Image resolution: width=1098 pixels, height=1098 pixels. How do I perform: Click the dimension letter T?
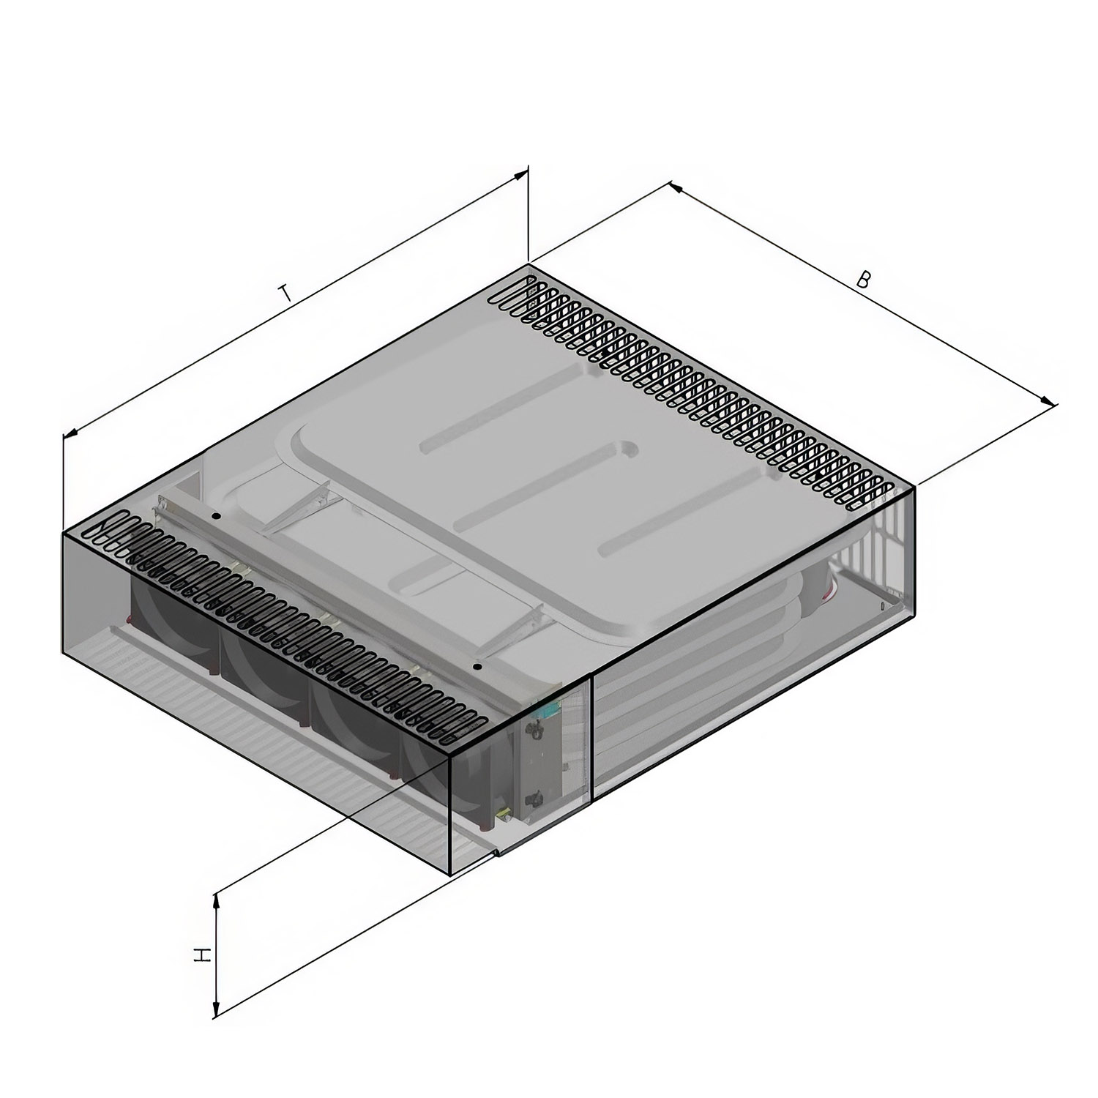coord(286,294)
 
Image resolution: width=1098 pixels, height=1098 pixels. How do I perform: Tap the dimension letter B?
coord(864,279)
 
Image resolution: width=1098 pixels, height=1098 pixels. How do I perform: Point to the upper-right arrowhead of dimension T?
coord(521,173)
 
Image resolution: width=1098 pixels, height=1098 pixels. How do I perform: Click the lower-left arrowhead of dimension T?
coord(70,433)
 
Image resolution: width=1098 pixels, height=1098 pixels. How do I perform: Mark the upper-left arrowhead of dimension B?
coord(675,187)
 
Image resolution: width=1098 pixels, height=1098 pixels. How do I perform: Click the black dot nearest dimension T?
coord(216,516)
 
